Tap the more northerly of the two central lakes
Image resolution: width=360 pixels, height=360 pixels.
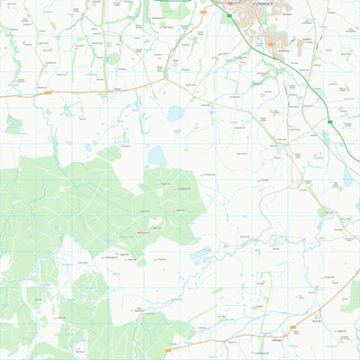[x=175, y=114]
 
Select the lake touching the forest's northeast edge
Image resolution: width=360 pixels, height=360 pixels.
[x=157, y=156]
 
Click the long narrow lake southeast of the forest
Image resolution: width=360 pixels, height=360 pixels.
[x=201, y=254]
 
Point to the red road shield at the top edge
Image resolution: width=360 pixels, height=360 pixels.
[x=230, y=3]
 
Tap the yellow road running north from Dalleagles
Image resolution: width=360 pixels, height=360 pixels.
[x=267, y=297]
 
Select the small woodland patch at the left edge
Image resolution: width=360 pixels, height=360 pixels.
[x=13, y=124]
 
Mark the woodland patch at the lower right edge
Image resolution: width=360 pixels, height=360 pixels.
[x=350, y=296]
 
